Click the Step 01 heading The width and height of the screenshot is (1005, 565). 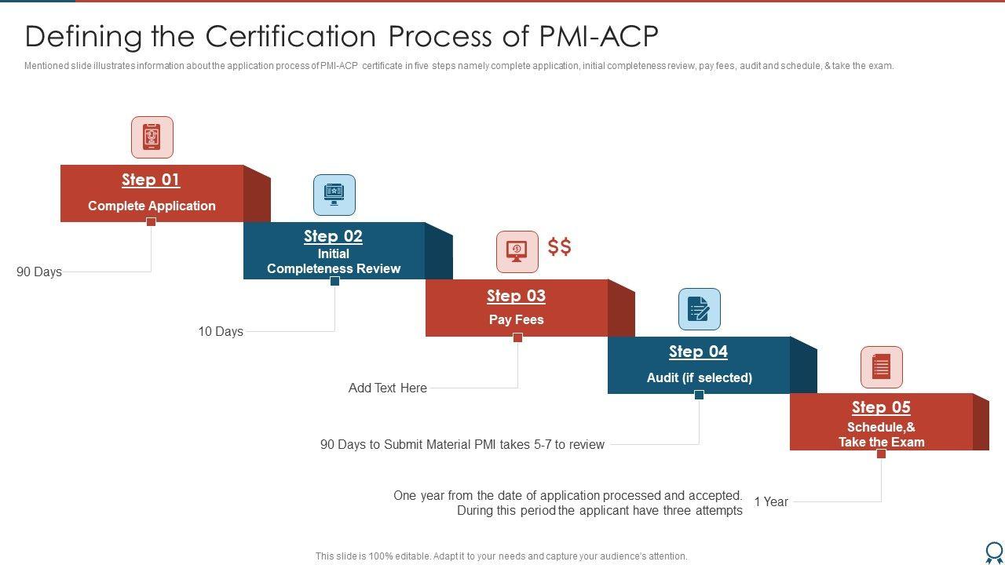click(x=151, y=180)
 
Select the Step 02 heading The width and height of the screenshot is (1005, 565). click(x=333, y=236)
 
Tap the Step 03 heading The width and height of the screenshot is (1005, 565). click(x=516, y=296)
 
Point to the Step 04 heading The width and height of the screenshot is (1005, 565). click(x=698, y=352)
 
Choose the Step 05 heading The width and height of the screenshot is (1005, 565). click(x=881, y=407)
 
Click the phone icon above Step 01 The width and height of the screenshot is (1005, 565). click(x=152, y=137)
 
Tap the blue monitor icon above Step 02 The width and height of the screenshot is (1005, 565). click(x=334, y=195)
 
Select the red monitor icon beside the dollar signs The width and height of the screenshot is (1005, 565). click(x=517, y=251)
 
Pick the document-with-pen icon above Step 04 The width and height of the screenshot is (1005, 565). click(x=699, y=309)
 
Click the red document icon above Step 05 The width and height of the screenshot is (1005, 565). click(x=881, y=367)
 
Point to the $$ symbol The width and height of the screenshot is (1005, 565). click(x=560, y=247)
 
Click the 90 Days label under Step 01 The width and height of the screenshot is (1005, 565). click(x=39, y=272)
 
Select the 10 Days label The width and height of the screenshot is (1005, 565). click(x=221, y=332)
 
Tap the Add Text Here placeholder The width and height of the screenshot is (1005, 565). click(x=388, y=388)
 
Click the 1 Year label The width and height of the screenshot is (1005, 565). click(x=771, y=502)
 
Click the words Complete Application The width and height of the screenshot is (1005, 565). click(x=152, y=206)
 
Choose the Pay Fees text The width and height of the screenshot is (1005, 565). click(x=516, y=320)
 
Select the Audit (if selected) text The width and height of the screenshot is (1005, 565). click(x=699, y=378)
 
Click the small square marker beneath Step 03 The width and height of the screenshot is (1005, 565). click(x=517, y=337)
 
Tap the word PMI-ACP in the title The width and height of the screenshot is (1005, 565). click(x=598, y=37)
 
